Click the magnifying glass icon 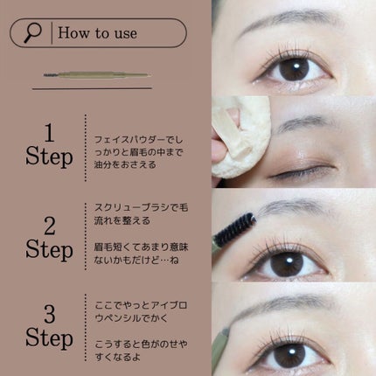point(32,33)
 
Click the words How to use point(97,32)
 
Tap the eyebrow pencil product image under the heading point(97,75)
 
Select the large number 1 point(49,133)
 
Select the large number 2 point(50,226)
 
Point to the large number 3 point(50,314)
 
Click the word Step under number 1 point(49,157)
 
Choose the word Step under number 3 point(49,338)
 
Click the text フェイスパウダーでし point(139,140)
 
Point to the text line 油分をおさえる point(125,164)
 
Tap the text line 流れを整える point(122,220)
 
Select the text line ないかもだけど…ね point(136,260)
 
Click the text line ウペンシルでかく point(131,318)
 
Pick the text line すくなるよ point(118,357)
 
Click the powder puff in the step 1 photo point(240,137)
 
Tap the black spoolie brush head point(236,228)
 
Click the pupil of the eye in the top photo point(294,70)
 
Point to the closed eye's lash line point(302,171)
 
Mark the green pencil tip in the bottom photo point(226,331)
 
